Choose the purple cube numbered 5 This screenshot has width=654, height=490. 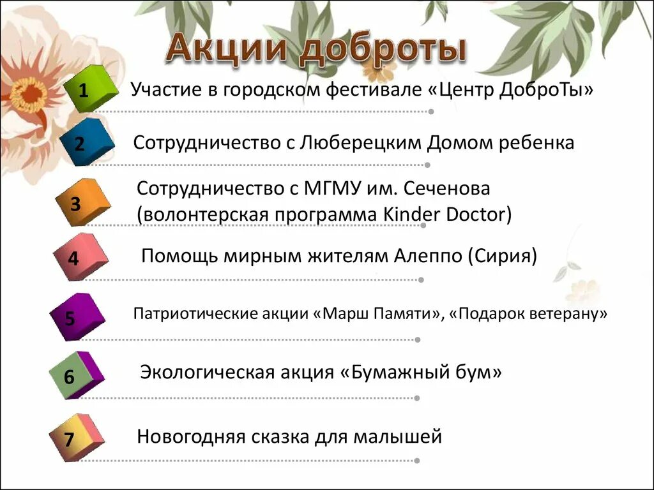click(x=76, y=317)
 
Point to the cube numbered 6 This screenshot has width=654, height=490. click(x=75, y=376)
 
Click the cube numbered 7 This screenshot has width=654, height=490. click(x=75, y=438)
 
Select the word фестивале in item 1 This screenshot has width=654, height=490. click(x=372, y=90)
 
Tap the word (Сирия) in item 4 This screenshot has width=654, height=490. click(x=503, y=256)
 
